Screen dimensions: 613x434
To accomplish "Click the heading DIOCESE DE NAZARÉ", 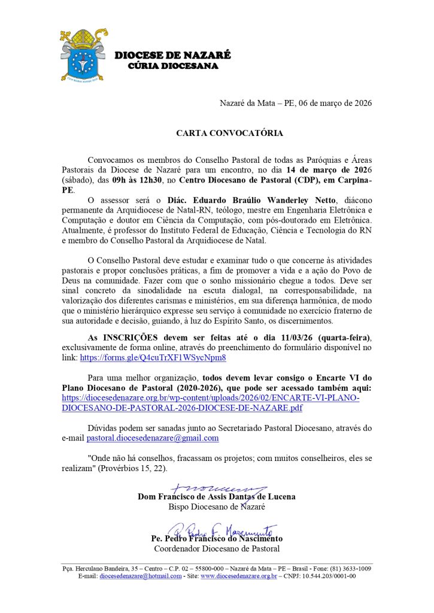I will point(172,56).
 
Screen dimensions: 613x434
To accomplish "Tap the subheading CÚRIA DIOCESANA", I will point(174,66).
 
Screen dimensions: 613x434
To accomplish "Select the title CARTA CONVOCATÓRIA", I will point(229,133).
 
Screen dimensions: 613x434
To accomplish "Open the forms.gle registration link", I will point(153,357).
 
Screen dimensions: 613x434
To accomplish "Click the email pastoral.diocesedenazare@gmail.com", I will point(152,438).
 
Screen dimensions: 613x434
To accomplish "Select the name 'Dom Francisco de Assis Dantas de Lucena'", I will point(216,496).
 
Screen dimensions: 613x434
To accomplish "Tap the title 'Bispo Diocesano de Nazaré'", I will point(217,507).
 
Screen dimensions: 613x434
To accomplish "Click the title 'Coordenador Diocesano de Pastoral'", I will point(217,548).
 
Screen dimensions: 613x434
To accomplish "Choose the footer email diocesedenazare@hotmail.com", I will point(140,576).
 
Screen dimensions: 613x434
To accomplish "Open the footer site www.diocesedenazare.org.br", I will point(238,576).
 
